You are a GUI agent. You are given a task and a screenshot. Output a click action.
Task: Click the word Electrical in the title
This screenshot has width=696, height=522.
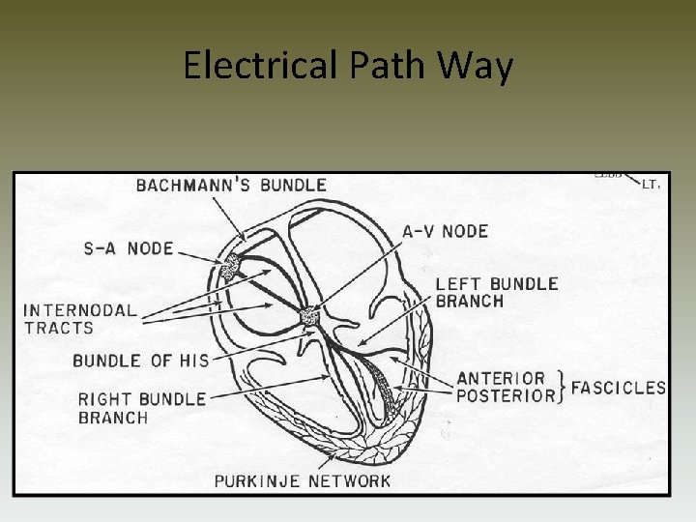pos(256,67)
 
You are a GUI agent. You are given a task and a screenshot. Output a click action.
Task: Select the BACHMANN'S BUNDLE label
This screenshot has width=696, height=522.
pos(231,184)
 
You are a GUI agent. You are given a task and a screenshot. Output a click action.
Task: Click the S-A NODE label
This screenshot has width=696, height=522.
pos(127,248)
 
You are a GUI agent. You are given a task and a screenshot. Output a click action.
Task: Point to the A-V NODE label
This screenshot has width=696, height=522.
pos(445,231)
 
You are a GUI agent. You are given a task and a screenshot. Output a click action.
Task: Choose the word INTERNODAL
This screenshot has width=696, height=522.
pos(80,311)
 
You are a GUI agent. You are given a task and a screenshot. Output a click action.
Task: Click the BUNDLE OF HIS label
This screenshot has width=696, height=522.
pos(141,361)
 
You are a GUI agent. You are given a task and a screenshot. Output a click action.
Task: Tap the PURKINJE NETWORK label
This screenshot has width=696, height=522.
pos(303,480)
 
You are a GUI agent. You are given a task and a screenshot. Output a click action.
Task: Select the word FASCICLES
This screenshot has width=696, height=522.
pos(619,388)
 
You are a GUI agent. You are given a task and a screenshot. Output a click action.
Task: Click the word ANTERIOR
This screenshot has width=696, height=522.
pos(501,378)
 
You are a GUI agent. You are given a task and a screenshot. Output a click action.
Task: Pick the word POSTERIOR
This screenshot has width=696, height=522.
pos(506,395)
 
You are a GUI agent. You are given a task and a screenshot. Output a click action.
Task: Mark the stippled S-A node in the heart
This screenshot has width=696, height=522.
pos(232,267)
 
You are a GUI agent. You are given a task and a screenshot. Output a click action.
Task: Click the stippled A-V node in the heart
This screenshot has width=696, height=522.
pos(309,316)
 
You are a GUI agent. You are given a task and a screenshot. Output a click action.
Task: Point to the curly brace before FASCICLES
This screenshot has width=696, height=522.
pos(563,387)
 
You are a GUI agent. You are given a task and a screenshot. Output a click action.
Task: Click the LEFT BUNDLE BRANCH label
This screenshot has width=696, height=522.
pos(496,292)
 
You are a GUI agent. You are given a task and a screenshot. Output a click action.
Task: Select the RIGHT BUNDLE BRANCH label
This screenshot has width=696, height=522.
pos(141,408)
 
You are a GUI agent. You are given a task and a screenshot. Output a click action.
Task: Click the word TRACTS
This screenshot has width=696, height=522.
pos(58,328)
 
